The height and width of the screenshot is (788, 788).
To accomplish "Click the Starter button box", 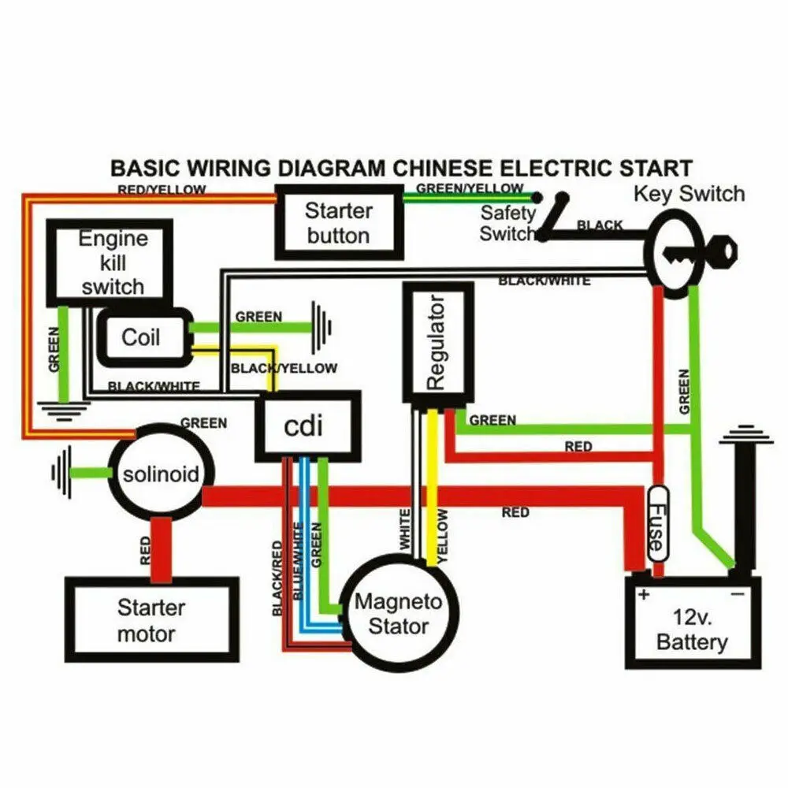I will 338,223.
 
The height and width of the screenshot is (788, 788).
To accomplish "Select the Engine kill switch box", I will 110,262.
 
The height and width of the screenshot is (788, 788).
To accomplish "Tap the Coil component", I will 143,338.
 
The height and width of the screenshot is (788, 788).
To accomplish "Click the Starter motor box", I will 151,621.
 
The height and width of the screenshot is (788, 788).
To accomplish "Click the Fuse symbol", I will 657,523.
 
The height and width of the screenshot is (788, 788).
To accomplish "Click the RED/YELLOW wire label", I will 162,190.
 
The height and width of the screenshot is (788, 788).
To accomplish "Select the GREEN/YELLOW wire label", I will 470,188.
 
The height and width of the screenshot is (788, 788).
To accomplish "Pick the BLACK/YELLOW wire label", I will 284,368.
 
